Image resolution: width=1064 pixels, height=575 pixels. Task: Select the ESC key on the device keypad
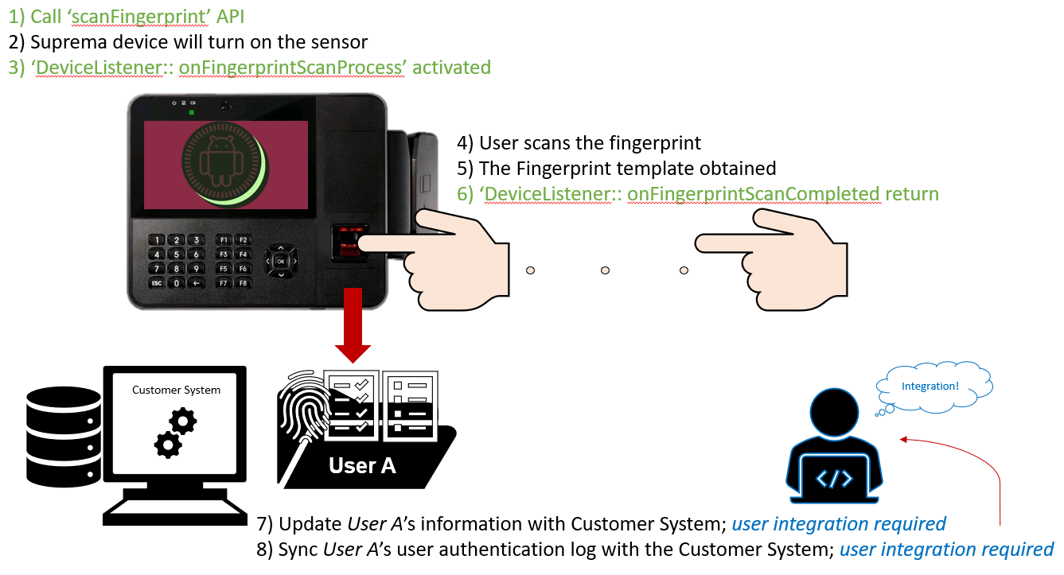click(158, 283)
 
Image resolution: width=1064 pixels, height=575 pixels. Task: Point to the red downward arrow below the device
click(353, 326)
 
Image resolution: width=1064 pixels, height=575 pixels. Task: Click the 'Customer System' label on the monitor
click(176, 390)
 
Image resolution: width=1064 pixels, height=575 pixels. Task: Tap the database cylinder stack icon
click(63, 434)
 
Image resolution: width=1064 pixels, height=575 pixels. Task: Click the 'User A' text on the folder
click(362, 465)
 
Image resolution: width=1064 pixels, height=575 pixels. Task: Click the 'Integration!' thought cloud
click(930, 387)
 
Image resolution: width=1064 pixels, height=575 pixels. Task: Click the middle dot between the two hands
click(606, 270)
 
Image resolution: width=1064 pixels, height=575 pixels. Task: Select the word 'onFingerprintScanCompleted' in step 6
click(753, 193)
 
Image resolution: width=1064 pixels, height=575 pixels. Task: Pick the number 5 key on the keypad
click(176, 254)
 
